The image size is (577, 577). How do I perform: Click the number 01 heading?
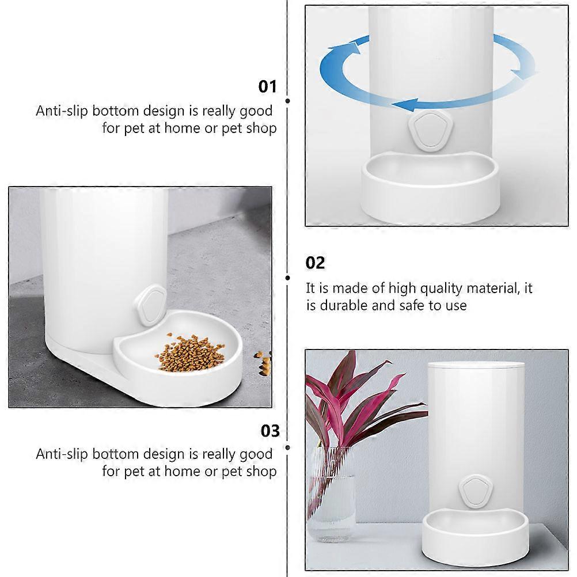tap(267, 87)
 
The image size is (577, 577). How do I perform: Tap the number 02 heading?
tap(315, 263)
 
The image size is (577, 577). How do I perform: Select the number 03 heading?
tap(270, 431)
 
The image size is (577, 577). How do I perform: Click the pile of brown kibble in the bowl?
tap(190, 352)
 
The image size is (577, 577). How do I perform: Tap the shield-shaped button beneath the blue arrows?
tap(431, 131)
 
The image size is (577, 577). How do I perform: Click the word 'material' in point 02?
tap(493, 288)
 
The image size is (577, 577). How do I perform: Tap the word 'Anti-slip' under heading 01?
tap(62, 111)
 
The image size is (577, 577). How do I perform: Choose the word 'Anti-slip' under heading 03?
tap(62, 454)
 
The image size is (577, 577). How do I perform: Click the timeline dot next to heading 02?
tap(288, 278)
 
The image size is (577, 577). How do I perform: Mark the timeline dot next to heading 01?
tap(288, 101)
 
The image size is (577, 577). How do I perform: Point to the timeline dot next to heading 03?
tap(288, 447)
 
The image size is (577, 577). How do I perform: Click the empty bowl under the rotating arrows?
tap(430, 188)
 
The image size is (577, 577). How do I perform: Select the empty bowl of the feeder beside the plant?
tap(474, 538)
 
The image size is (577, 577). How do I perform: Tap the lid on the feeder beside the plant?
tap(476, 365)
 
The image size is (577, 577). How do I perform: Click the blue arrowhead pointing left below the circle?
tap(404, 105)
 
